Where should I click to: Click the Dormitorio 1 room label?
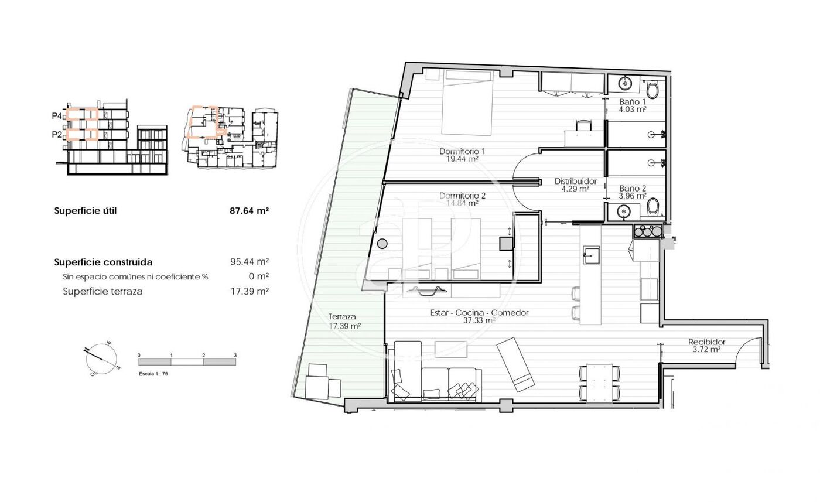point(462,151)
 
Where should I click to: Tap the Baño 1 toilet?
point(652,88)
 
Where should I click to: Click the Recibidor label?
point(706,342)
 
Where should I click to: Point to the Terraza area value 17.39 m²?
point(344,326)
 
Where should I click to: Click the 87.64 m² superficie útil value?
point(250,210)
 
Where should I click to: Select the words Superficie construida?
point(103,262)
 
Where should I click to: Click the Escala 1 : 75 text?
point(153,374)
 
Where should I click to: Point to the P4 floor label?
point(57,116)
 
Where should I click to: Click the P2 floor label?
point(57,134)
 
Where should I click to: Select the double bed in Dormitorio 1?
point(467,103)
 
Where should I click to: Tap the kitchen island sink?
point(591,255)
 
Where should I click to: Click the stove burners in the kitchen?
point(648,231)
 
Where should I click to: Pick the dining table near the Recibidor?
point(600,383)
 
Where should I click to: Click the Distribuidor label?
point(575,181)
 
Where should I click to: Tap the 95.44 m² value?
point(250,262)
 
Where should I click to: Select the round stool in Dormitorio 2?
point(382,244)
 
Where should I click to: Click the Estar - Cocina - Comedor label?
point(479,313)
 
